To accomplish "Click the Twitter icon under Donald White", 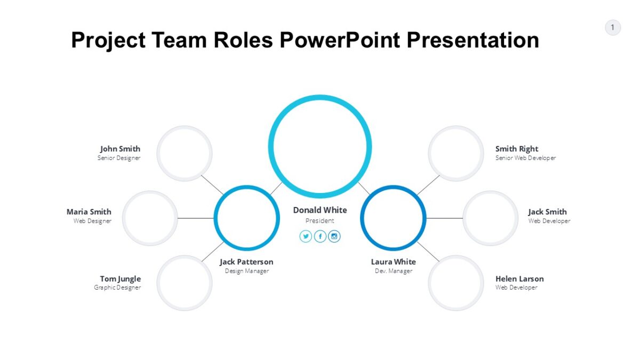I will coord(306,236).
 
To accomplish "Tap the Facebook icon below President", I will coord(320,236).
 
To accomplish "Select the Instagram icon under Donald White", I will coord(334,236).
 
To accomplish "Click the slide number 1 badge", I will coord(612,27).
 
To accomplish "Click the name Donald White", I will coord(319,210).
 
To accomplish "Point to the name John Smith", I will coord(120,149).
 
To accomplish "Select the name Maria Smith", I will coord(89,212).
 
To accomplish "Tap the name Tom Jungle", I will coord(121,278).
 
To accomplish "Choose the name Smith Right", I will coord(516,149).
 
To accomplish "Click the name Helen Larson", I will coord(519,278).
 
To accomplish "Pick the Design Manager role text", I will coord(246,271).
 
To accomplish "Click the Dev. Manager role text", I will coord(393,271).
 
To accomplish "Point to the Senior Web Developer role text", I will coord(525,158).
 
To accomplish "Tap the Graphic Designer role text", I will coord(117,287).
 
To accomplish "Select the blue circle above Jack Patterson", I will coord(246,218).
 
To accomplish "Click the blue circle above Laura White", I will coord(393,218).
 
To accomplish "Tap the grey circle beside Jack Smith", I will coord(490,218).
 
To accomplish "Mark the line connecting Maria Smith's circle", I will coord(195,218).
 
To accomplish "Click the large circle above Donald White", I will coord(319,146).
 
